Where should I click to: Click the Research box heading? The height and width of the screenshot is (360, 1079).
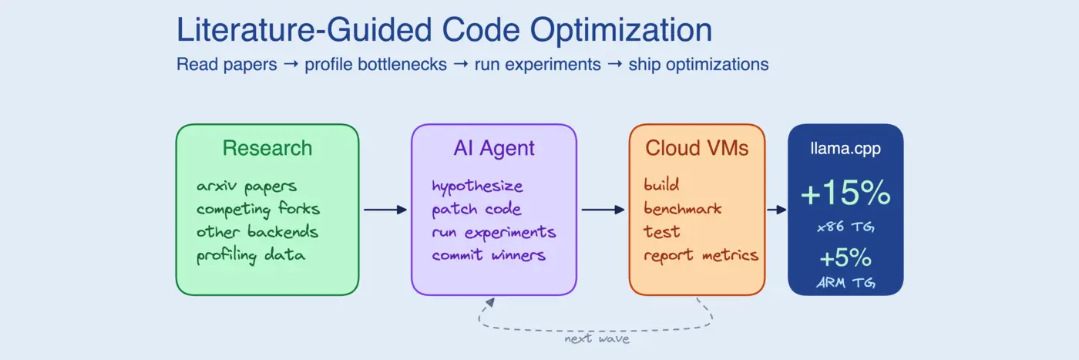[x=267, y=148]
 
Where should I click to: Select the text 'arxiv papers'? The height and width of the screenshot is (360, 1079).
[x=246, y=187]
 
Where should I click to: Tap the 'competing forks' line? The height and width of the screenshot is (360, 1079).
[x=257, y=209]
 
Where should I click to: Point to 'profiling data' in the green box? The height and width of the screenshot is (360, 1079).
[x=250, y=255]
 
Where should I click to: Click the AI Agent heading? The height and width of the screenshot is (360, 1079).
[x=493, y=148]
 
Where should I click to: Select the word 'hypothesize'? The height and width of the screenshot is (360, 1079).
[x=477, y=187]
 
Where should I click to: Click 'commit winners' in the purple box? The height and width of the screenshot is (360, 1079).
[x=489, y=255]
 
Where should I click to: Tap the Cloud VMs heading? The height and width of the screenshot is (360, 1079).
[x=697, y=148]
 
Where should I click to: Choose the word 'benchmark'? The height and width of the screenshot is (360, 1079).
[x=681, y=209]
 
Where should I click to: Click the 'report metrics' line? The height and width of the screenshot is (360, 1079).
[x=701, y=255]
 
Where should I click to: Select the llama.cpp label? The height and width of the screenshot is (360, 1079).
[x=845, y=149]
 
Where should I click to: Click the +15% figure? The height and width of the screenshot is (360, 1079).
[x=845, y=193]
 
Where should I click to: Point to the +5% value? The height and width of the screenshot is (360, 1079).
[x=845, y=256]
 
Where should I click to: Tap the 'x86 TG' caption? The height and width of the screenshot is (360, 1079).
[x=845, y=227]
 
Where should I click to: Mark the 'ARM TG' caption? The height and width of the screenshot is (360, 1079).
[x=845, y=283]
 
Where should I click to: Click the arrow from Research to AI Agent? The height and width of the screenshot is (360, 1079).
[x=385, y=210]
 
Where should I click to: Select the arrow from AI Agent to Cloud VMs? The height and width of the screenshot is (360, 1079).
[x=603, y=210]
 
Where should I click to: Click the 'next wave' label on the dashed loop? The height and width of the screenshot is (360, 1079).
[x=597, y=338]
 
